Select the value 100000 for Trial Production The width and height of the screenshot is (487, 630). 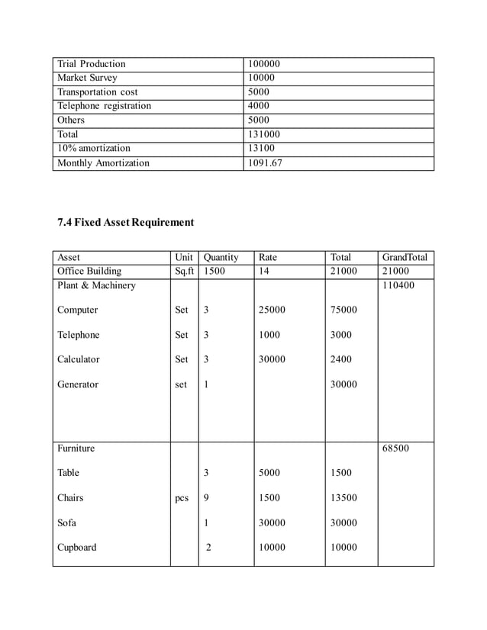pyautogui.click(x=265, y=64)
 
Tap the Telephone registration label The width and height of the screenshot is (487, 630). pyautogui.click(x=105, y=106)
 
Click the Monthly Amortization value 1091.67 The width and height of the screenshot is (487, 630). pyautogui.click(x=266, y=162)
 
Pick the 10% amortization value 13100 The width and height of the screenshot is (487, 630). pyautogui.click(x=263, y=148)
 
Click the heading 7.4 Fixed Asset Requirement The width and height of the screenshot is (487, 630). pyautogui.click(x=126, y=223)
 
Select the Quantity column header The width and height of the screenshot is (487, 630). pyautogui.click(x=221, y=258)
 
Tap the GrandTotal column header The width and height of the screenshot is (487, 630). pyautogui.click(x=405, y=258)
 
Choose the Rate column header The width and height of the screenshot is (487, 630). pyautogui.click(x=268, y=258)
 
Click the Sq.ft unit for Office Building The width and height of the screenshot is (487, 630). pyautogui.click(x=184, y=271)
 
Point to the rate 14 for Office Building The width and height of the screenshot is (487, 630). pyautogui.click(x=264, y=271)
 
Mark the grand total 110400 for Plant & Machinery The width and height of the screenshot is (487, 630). pyautogui.click(x=400, y=285)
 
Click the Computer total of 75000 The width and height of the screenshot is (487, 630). pyautogui.click(x=343, y=310)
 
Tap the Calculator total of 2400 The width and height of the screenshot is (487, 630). pyautogui.click(x=341, y=359)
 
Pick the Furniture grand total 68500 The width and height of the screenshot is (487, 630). pyautogui.click(x=397, y=448)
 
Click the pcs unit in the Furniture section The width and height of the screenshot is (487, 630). pyautogui.click(x=182, y=499)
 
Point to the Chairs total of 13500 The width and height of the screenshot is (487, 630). pyautogui.click(x=343, y=498)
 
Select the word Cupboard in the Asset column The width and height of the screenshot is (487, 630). pyautogui.click(x=77, y=548)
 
